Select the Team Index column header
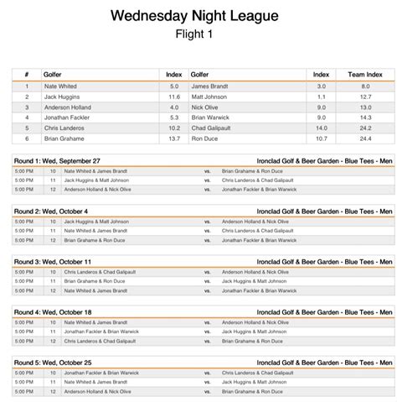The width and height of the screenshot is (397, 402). [365, 74]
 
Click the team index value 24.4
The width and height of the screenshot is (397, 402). [365, 139]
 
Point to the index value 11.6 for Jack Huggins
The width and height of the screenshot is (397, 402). [174, 97]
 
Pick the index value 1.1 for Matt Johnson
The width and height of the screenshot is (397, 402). [321, 97]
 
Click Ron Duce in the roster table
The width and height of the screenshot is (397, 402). [206, 139]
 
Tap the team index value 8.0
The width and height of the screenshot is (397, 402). [365, 86]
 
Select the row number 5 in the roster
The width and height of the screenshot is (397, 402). [27, 128]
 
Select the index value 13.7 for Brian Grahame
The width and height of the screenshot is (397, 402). [174, 139]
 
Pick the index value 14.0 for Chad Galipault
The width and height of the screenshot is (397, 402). [321, 128]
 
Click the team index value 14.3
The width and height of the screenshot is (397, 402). [365, 117]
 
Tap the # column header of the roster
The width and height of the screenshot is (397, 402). [27, 74]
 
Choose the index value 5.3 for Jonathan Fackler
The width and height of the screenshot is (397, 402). [174, 117]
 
